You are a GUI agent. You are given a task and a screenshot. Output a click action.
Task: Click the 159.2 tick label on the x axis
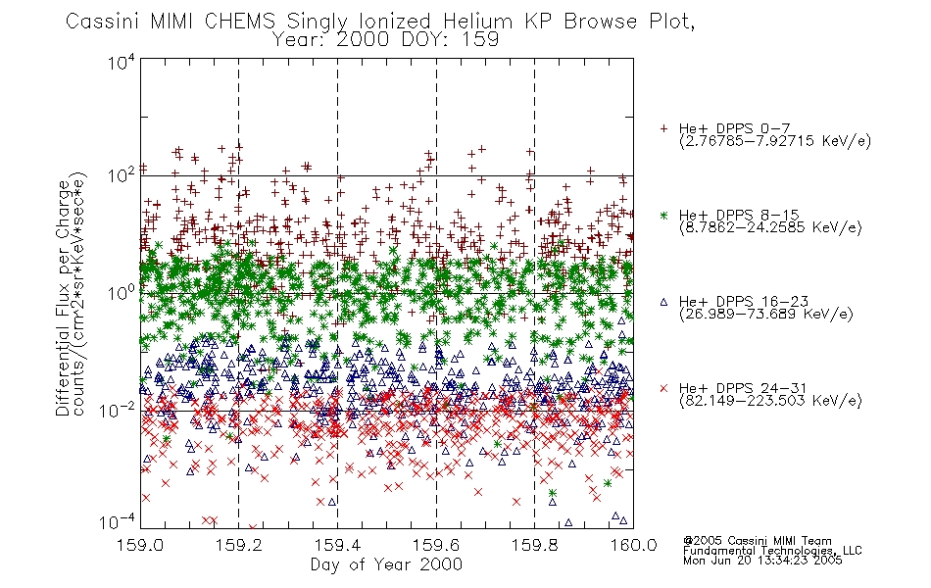(239, 545)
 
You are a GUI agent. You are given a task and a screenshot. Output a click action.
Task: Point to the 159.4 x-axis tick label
(337, 545)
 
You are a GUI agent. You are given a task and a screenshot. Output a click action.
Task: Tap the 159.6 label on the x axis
(436, 545)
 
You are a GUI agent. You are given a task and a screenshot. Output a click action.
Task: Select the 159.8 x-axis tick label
(535, 545)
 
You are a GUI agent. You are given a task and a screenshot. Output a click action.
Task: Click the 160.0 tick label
(633, 545)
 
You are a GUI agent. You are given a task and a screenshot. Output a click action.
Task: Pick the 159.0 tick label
(140, 545)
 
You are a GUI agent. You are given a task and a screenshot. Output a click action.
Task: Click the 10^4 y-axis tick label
(122, 62)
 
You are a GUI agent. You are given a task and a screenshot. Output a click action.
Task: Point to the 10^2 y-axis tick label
(122, 175)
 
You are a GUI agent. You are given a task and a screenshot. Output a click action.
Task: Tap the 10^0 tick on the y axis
(122, 293)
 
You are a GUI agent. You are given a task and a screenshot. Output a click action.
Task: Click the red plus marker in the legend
(663, 128)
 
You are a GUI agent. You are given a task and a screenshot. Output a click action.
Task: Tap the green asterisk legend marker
(663, 215)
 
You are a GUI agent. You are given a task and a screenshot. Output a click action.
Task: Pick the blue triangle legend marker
(663, 302)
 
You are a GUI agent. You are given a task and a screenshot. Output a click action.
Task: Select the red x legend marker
(663, 388)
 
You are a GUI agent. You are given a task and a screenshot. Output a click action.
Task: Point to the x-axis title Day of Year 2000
(386, 564)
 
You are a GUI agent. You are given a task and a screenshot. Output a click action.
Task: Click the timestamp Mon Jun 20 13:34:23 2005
(762, 561)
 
